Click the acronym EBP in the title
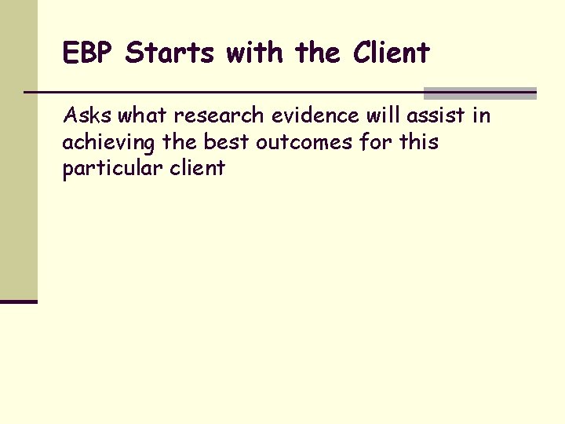89,53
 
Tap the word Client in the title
391,53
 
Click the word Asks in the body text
87,116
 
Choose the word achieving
99,143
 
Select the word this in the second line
417,142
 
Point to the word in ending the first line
480,116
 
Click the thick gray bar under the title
479,93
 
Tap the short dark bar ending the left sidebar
19,301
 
